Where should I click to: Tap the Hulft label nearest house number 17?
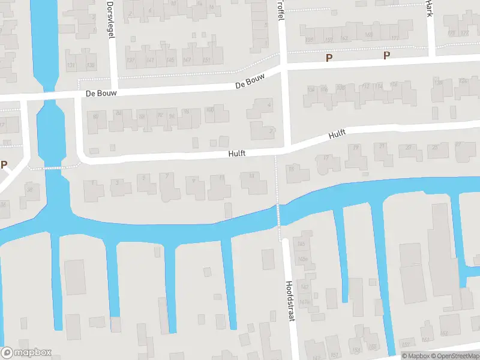pos(337,135)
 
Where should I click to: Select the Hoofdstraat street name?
pos(291,301)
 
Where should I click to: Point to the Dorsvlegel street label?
pos(110,19)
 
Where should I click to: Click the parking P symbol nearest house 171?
pos(387,56)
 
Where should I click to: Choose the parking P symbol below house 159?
pos(328,58)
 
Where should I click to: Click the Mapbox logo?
pos(26,352)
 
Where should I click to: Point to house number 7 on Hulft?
pos(167,176)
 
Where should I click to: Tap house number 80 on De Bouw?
pos(95,114)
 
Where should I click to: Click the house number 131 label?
pos(71,65)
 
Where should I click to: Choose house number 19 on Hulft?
pos(356,148)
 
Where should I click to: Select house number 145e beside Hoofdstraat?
pos(303,259)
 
